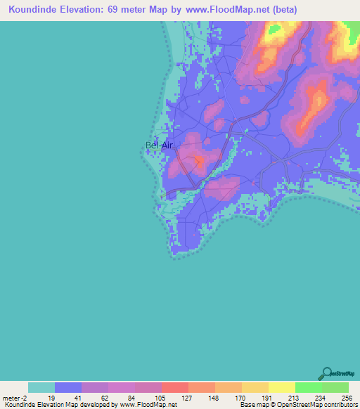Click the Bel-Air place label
tap(159, 145)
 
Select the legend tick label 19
tap(51, 397)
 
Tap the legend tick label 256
tap(346, 397)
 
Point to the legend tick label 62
tap(105, 397)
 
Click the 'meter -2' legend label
tap(15, 397)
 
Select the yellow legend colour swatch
tap(281, 387)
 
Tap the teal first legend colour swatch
tap(41, 387)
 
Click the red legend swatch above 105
tap(175, 387)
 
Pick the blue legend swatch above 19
tap(68, 387)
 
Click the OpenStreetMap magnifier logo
tap(327, 373)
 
